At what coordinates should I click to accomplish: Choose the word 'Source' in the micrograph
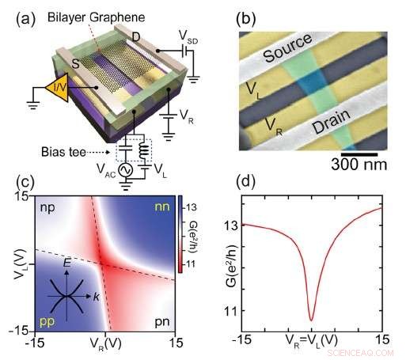click(x=288, y=55)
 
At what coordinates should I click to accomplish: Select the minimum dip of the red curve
click(x=312, y=318)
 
